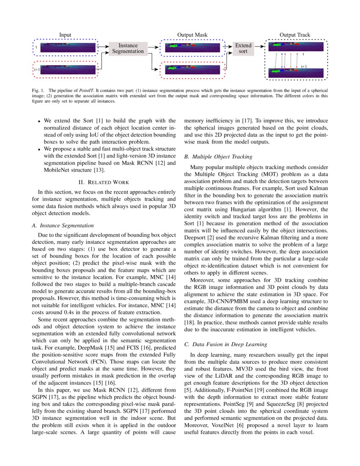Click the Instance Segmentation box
[128, 48]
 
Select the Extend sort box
[243, 48]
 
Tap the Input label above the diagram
[65, 35]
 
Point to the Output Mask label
[192, 35]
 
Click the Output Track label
[295, 35]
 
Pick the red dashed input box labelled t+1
[66, 70]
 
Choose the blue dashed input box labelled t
[66, 47]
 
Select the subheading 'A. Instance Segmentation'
[63, 225]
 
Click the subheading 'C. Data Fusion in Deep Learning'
[227, 344]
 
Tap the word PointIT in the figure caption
[85, 91]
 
